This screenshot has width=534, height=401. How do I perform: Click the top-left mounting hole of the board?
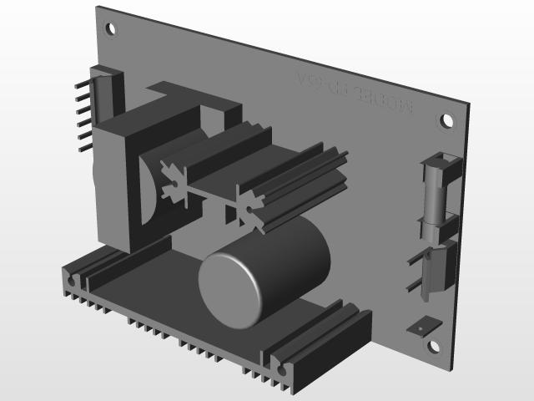point(112,28)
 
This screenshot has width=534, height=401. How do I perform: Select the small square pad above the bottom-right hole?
point(421,326)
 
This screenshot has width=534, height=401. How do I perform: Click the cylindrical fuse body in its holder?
point(436,196)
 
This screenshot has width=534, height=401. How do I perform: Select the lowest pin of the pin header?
point(83,148)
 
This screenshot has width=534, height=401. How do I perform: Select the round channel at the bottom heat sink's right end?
point(278,367)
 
